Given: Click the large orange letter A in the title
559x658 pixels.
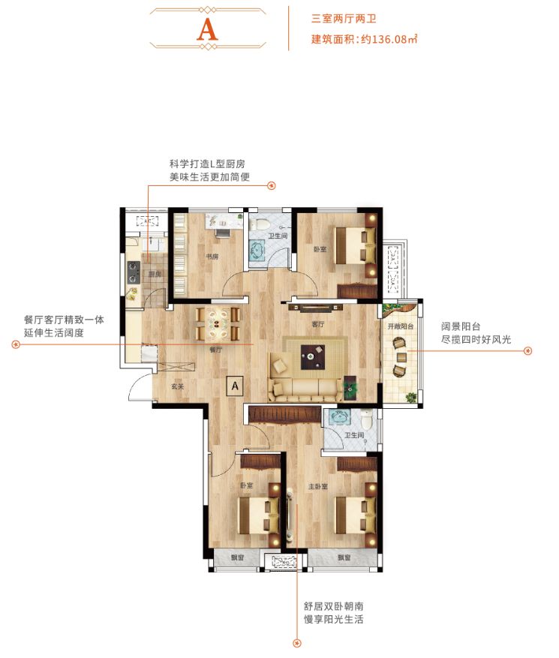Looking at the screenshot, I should [207, 29].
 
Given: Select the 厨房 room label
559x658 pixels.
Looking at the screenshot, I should [155, 275].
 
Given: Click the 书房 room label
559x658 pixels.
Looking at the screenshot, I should [212, 256].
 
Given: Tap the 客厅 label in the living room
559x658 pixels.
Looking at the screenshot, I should [317, 325].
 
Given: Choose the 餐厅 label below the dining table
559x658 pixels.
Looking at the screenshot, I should [215, 350].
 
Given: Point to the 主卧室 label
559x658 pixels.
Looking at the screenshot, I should [317, 487].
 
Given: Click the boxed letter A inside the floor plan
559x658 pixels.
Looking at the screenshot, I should [235, 386].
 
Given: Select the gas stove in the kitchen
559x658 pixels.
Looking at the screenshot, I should [133, 273].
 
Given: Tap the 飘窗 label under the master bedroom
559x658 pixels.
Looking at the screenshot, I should [344, 558].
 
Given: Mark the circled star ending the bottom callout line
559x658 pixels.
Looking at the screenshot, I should [296, 642].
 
